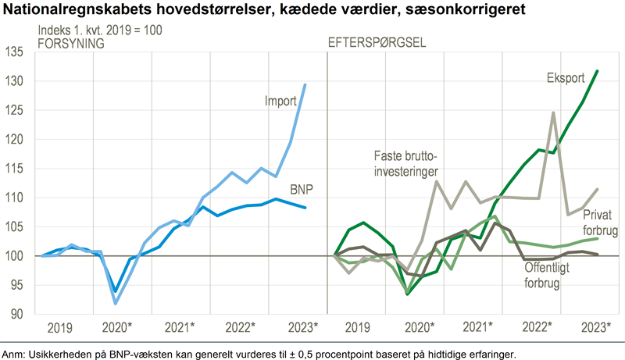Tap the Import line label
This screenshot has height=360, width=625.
280,102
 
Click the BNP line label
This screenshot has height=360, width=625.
303,190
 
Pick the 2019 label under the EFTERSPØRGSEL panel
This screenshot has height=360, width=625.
358,326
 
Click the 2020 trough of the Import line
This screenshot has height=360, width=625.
116,303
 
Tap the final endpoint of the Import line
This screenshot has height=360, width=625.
304,84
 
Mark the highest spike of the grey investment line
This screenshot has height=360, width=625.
553,112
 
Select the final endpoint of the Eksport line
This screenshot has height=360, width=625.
598,71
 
